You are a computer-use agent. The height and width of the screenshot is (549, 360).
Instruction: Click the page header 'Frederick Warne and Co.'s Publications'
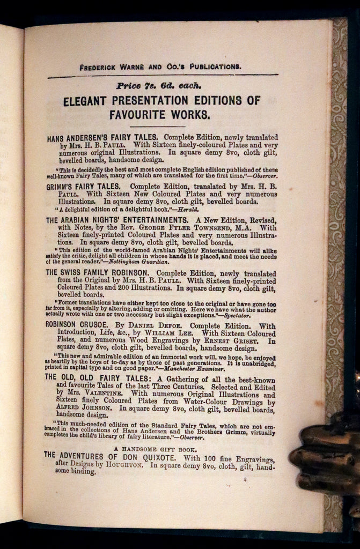160,67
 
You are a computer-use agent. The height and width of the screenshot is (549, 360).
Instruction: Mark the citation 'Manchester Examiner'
193,369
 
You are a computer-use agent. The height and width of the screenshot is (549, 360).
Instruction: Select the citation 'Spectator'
238,316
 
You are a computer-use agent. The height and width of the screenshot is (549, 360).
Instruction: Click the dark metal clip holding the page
325,456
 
